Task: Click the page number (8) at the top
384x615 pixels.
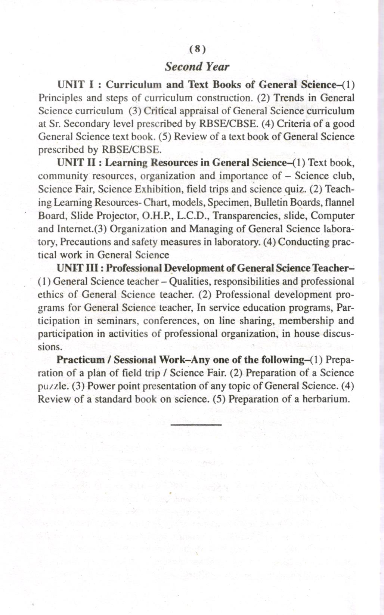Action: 197,49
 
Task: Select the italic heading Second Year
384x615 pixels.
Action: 197,67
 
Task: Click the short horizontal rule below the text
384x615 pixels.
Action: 196,424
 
